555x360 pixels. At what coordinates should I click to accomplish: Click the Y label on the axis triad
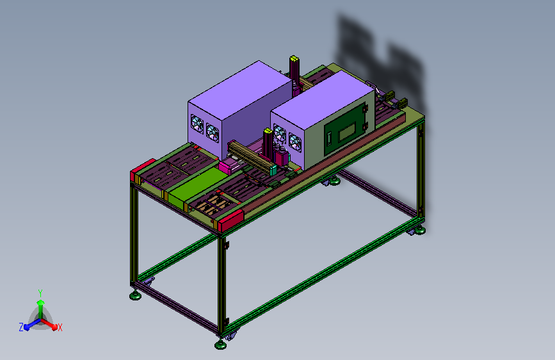pos(40,293)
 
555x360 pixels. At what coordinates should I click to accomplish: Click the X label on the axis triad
pos(60,327)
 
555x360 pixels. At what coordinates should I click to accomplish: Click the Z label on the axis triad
pos(21,327)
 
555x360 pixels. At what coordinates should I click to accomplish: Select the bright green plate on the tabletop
pos(198,186)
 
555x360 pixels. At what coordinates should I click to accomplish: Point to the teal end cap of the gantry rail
pos(273,170)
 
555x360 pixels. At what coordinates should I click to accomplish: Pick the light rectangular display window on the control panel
pos(347,131)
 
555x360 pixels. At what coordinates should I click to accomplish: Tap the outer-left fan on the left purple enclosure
pos(197,124)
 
